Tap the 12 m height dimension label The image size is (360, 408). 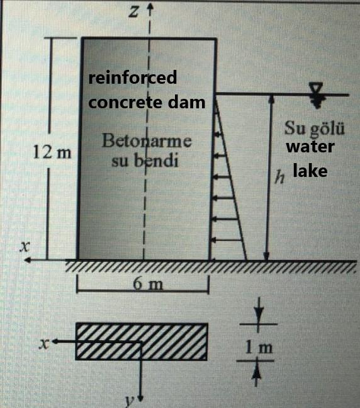click(52, 152)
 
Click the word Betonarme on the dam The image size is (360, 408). click(147, 140)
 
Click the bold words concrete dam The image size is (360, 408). click(147, 102)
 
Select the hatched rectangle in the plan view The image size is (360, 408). click(142, 342)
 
